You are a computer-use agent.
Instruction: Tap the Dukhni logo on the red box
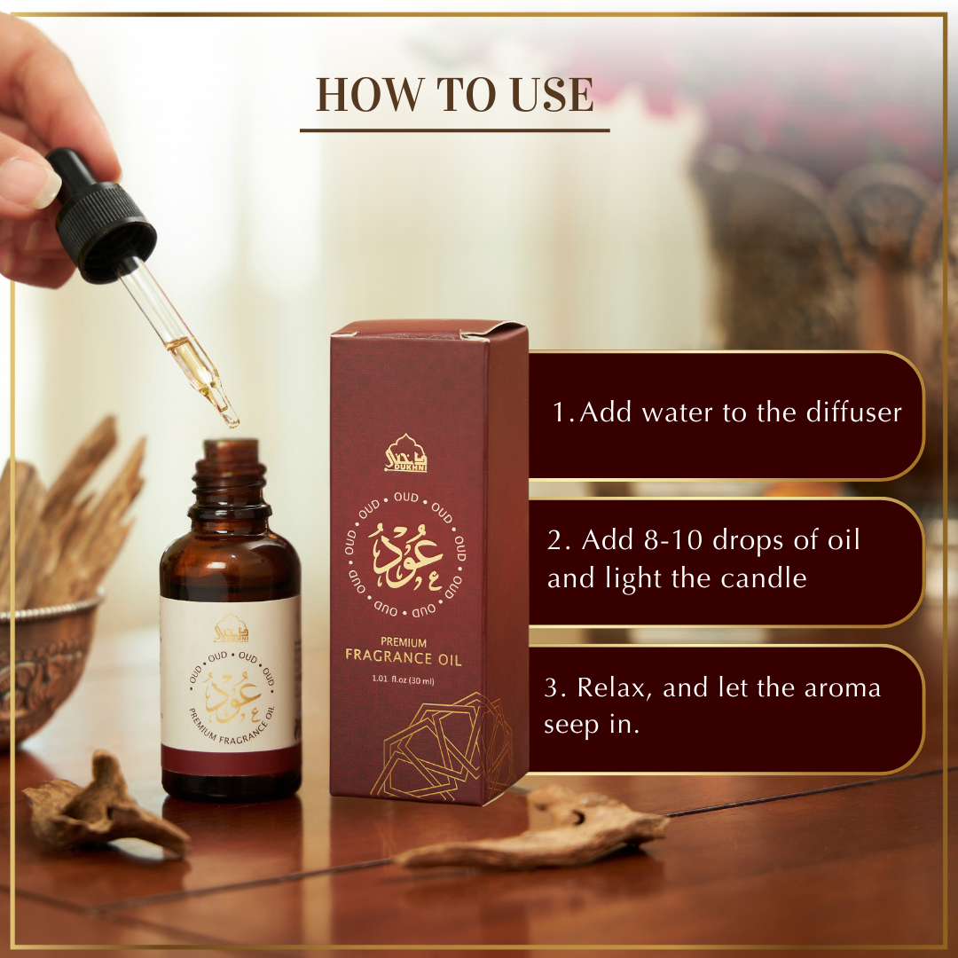405,452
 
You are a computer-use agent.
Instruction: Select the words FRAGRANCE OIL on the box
404,656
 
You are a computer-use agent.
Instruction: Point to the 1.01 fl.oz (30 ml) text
404,680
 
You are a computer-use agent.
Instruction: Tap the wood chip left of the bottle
105,802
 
